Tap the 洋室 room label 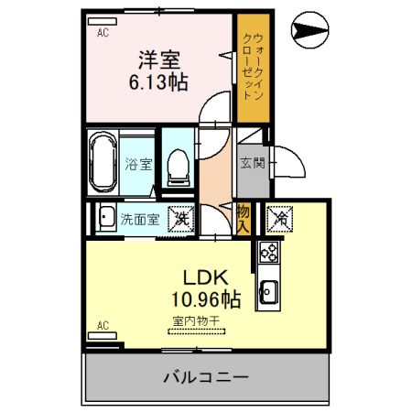coord(158,60)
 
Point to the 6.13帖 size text coord(158,82)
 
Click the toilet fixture coord(180,166)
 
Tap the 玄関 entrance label coord(253,164)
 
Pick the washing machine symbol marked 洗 coord(181,219)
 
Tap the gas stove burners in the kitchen coord(269,250)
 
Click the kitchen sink coord(269,293)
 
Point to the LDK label coord(207,277)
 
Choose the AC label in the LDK coord(103,325)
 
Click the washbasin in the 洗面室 coord(103,220)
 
